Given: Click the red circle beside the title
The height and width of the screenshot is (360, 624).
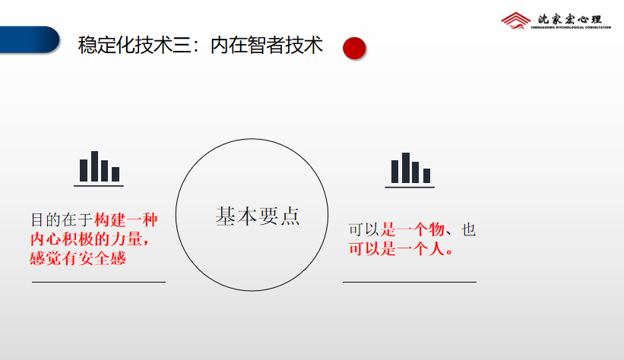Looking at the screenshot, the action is coord(354,48).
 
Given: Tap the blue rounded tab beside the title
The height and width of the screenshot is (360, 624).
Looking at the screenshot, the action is coord(29,39).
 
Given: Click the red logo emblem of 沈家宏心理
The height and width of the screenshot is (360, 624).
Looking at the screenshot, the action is coord(515,21).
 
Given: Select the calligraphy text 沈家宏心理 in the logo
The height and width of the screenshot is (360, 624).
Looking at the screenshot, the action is coord(569,19).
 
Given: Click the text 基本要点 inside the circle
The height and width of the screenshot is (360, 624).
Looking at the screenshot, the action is coord(258,216).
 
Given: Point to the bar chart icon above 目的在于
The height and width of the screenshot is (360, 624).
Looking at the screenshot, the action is coord(99,169).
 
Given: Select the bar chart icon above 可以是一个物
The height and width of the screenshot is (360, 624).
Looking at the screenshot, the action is coord(410,170).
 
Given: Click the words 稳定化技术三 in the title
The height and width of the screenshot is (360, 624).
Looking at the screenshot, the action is coord(135,45).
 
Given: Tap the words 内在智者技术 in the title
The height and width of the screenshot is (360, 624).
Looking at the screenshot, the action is coord(266,45).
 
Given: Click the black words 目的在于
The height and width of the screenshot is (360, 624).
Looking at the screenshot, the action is coord(62,220).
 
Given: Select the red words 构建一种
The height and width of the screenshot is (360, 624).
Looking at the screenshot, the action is coord(125,220).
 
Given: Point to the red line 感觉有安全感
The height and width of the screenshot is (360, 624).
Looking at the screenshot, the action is coord(78,258).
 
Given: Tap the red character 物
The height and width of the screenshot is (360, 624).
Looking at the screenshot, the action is coord(436,229).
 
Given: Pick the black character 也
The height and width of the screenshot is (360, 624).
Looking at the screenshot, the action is coord(468,229).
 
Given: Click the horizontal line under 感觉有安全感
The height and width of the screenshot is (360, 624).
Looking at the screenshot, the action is coord(99,282).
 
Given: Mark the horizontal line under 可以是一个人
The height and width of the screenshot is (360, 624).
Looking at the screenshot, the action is coord(410,282).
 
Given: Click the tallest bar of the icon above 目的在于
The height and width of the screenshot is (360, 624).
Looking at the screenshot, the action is coord(95,166).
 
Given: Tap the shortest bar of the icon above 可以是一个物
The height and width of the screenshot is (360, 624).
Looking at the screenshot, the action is coord(426,176).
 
